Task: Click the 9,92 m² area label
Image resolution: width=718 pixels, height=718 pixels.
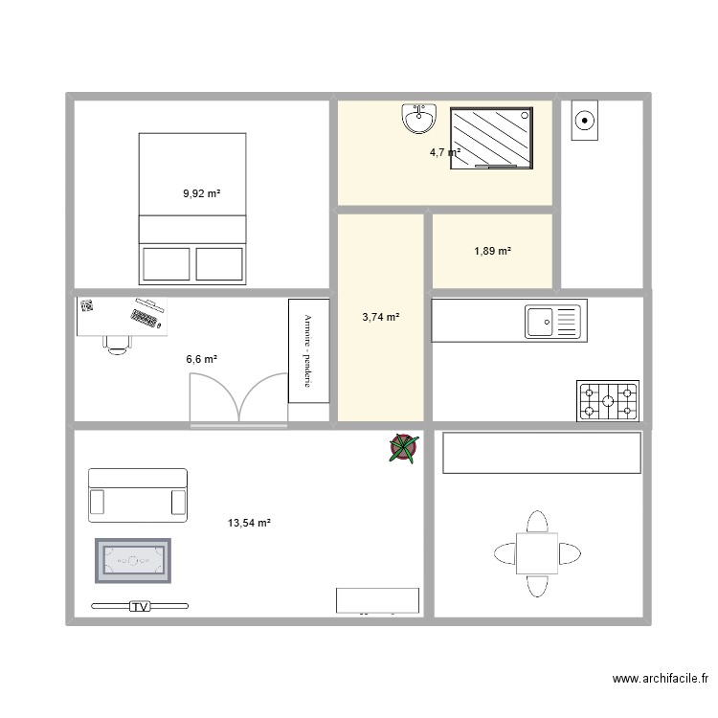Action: click(201, 193)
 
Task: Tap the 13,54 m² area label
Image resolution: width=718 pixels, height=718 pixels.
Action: click(249, 523)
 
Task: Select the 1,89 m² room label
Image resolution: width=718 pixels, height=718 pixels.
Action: click(492, 251)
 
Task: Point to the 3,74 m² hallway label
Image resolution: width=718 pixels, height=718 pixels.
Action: click(380, 317)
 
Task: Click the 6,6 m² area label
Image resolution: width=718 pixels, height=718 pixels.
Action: click(201, 359)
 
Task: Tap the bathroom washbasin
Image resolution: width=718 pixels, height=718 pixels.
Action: click(418, 119)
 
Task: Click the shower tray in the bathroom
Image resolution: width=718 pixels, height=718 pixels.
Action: click(491, 138)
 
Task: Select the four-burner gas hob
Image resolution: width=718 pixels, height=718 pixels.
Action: click(607, 401)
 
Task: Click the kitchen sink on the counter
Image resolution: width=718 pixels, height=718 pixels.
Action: click(552, 321)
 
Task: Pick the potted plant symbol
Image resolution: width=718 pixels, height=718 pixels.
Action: click(404, 447)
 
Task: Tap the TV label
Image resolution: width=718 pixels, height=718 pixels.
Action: click(141, 606)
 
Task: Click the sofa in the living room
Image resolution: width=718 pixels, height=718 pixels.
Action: click(137, 495)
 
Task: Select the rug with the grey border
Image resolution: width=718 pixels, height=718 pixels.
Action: click(133, 560)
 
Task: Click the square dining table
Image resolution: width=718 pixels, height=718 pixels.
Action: click(537, 553)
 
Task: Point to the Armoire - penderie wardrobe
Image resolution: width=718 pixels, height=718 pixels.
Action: click(309, 350)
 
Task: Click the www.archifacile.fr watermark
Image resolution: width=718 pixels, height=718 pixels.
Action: click(660, 680)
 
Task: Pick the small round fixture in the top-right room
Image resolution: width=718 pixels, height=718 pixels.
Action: click(584, 122)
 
